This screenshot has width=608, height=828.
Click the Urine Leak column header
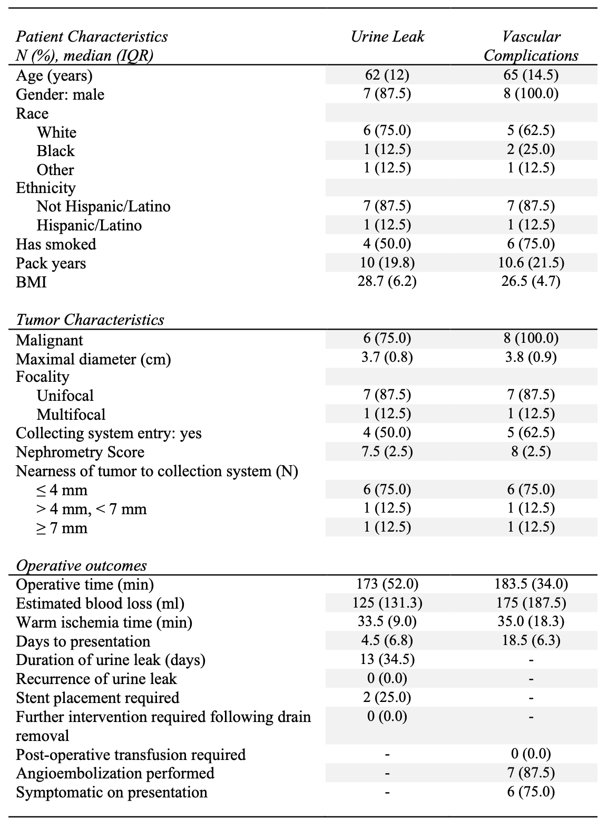tap(387, 36)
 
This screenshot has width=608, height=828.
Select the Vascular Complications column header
tap(531, 46)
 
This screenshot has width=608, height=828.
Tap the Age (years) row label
tap(54, 76)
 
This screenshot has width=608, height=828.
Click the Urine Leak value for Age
tap(387, 75)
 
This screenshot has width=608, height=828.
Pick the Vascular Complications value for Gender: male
tap(531, 94)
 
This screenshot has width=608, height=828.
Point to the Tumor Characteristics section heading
tap(90, 320)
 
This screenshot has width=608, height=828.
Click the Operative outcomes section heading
tap(81, 565)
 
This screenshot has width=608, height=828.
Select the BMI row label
tap(31, 282)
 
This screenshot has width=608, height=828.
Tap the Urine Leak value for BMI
tap(387, 281)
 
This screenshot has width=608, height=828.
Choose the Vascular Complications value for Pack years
tap(531, 263)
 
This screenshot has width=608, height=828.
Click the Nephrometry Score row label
tap(80, 452)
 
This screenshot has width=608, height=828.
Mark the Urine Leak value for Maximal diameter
tap(387, 358)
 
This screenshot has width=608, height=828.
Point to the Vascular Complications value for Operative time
tap(531, 584)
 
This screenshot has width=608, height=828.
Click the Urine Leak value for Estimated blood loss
tap(387, 603)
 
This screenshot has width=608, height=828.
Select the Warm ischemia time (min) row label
tap(104, 622)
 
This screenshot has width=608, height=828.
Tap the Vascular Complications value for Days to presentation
tap(531, 640)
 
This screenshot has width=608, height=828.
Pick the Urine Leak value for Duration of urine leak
tap(387, 659)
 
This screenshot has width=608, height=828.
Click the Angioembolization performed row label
tap(115, 773)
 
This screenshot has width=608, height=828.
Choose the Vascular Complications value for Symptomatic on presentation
tap(531, 792)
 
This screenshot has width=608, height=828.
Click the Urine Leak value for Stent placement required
tap(387, 697)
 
